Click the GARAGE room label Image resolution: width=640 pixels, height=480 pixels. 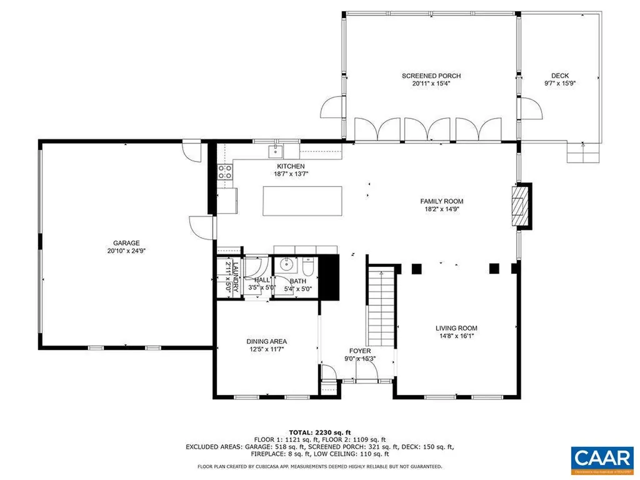(126, 243)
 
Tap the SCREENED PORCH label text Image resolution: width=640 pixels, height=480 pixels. (431, 76)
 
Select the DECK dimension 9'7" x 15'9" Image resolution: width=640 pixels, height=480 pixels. (559, 83)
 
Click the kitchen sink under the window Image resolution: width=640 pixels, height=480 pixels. (276, 151)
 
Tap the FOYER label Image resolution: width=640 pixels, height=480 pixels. (360, 351)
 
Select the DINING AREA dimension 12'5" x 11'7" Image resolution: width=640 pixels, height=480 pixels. (267, 349)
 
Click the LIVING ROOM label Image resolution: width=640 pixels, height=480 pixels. (456, 327)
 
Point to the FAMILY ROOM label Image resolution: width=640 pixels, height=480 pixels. (441, 201)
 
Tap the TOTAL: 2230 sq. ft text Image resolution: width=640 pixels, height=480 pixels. (320, 432)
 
